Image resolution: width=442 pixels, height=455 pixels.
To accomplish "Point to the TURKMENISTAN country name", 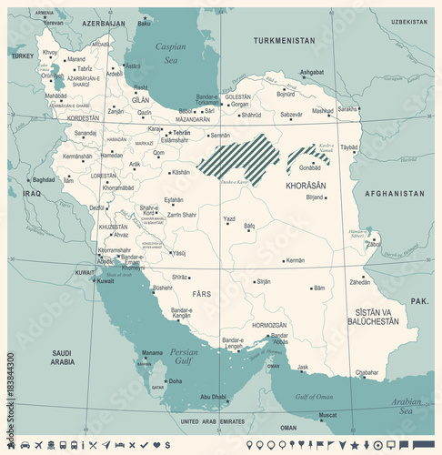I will click(x=284, y=41).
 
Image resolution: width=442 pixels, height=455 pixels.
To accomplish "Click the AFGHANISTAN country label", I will click(x=394, y=194).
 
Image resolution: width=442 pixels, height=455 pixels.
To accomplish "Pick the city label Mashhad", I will click(x=323, y=111).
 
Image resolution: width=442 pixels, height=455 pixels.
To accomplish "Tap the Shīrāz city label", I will click(x=181, y=277).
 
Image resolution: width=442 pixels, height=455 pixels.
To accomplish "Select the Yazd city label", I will click(x=230, y=219).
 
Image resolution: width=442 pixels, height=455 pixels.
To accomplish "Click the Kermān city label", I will click(x=295, y=260).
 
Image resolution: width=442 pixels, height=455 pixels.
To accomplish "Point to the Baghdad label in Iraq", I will click(x=44, y=180).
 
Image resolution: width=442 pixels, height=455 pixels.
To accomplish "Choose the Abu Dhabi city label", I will click(x=214, y=396).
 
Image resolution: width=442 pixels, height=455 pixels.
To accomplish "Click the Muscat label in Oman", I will click(x=327, y=415).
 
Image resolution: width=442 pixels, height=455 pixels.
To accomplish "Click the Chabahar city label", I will click(x=366, y=372).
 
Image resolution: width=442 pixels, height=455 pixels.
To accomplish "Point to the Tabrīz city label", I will click(x=85, y=69).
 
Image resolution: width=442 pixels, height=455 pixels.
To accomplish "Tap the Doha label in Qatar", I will click(x=175, y=381).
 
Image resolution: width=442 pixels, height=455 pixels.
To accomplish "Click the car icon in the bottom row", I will click(x=25, y=444).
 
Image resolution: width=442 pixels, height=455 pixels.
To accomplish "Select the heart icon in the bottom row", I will click(x=156, y=444).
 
